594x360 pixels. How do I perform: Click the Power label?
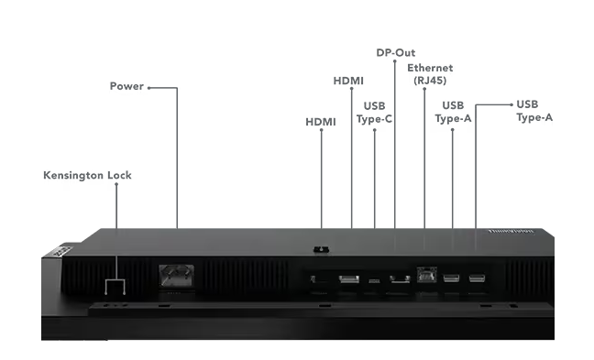pos(126,87)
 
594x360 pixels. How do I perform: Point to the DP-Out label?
pos(396,52)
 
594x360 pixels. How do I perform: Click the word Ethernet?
pos(430,68)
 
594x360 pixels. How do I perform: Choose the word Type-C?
pos(374,118)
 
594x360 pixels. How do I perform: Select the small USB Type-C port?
pos(374,279)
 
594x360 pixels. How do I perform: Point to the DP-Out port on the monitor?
pos(397,278)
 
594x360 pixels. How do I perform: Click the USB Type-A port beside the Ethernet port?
pos(451,278)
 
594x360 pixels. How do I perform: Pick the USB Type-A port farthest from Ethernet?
pos(477,278)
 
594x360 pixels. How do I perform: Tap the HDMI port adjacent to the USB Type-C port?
pos(349,278)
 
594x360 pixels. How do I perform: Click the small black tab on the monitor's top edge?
pos(321,247)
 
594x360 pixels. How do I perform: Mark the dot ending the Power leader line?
pos(148,88)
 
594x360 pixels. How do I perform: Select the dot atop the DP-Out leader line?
pos(395,62)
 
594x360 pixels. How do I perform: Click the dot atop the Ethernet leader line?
pos(423,90)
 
